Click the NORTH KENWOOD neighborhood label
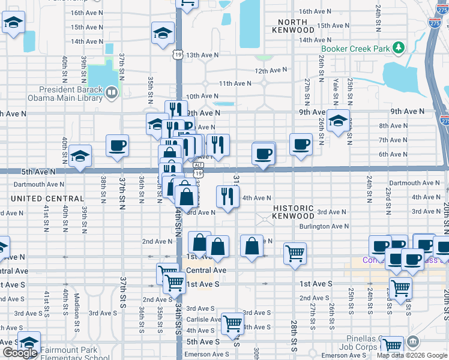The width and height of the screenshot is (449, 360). (x=293, y=26)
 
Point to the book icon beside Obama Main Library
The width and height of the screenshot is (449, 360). (x=110, y=93)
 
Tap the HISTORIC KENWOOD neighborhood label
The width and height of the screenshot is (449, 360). (x=294, y=212)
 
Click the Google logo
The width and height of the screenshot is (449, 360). (x=19, y=353)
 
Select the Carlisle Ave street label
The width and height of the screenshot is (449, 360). (x=203, y=319)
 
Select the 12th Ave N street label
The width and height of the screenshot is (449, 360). (x=270, y=70)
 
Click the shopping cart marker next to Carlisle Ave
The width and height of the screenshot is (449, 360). (x=232, y=324)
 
